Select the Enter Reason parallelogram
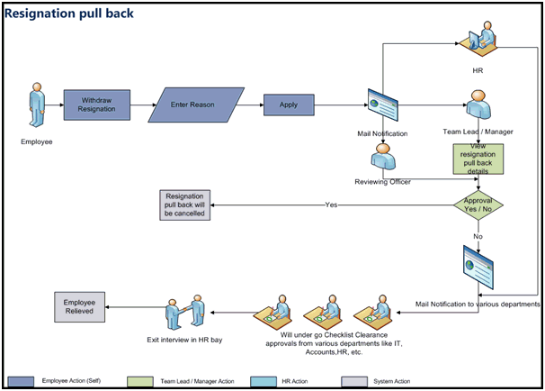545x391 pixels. (x=196, y=104)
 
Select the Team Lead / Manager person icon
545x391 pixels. (x=477, y=105)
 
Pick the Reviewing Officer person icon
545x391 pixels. (x=388, y=159)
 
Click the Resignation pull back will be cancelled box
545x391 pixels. (x=184, y=205)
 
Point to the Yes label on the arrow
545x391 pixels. (x=331, y=205)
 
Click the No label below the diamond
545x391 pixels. (x=477, y=235)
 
